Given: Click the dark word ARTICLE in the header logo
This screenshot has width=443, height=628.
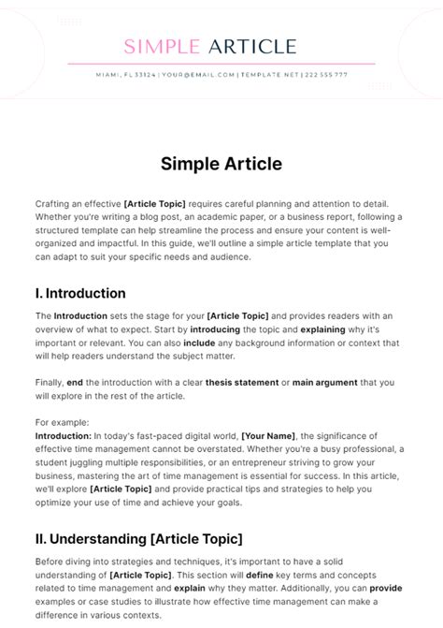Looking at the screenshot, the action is [x=252, y=47].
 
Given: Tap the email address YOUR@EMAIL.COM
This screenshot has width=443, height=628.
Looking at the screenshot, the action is [x=198, y=75].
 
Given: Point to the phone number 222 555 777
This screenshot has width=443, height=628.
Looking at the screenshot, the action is [x=326, y=75].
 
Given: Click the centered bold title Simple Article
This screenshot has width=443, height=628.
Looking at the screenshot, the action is [x=221, y=164].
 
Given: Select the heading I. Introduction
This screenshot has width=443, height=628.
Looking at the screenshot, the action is [x=80, y=293].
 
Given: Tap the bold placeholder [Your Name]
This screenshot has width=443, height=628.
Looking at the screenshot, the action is [x=268, y=435].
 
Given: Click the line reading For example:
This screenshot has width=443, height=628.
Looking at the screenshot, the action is [x=64, y=422].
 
